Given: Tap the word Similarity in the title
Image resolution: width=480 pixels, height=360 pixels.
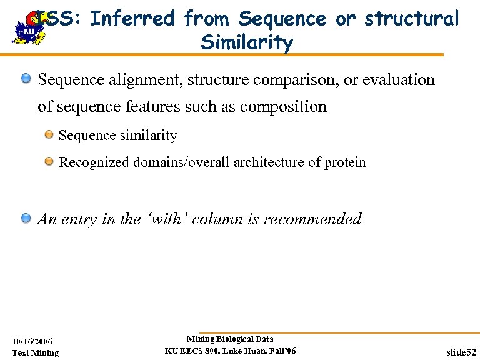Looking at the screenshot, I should pyautogui.click(x=247, y=42).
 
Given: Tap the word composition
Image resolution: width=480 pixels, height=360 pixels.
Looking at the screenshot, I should pyautogui.click(x=283, y=106).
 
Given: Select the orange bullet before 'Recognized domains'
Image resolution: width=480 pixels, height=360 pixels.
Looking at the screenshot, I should pyautogui.click(x=48, y=162).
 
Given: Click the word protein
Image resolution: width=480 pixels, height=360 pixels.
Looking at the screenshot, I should pyautogui.click(x=345, y=162).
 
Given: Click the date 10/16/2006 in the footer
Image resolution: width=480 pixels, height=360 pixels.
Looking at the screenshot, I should pyautogui.click(x=32, y=341).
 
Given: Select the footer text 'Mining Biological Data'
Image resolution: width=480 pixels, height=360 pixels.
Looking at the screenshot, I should pyautogui.click(x=230, y=339).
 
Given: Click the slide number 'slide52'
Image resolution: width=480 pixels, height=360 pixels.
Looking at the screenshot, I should pyautogui.click(x=461, y=352).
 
